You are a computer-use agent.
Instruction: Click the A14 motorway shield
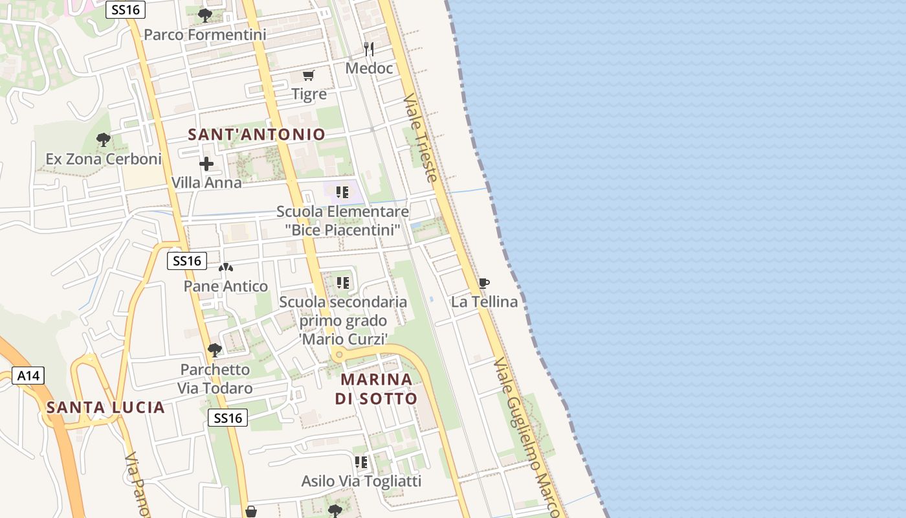28,376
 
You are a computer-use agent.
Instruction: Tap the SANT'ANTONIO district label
256,135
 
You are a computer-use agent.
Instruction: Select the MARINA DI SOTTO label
376,388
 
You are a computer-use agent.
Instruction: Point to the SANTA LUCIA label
105,407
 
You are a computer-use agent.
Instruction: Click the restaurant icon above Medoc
369,49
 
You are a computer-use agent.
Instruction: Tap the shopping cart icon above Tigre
309,76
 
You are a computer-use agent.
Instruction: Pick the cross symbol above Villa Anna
206,164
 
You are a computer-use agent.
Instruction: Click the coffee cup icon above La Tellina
483,283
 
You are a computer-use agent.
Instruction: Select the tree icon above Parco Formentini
204,15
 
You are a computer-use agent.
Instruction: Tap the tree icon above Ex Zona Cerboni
103,139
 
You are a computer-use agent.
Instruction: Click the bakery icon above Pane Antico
225,267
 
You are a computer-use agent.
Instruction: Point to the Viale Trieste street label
421,137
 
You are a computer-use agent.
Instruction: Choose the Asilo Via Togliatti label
361,481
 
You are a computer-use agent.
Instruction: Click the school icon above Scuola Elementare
342,192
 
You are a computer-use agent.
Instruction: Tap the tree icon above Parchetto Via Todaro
215,350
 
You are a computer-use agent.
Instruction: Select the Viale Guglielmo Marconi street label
525,437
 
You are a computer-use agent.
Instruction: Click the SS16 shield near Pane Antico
186,261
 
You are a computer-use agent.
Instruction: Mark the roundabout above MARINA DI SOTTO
338,354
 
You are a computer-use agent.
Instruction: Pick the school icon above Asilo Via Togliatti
361,462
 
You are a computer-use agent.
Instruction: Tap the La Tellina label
484,302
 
